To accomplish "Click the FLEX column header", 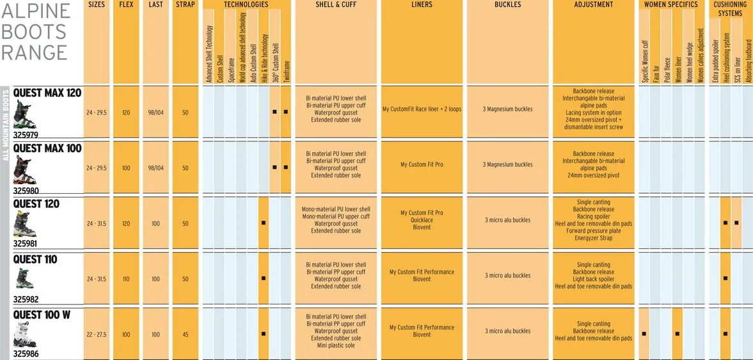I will (126, 4).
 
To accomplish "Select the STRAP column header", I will (185, 4).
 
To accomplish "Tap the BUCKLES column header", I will (508, 4).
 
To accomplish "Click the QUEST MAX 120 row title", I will (47, 93).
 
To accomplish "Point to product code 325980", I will (26, 190).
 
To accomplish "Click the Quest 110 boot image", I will (24, 278).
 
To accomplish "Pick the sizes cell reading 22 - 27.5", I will (97, 334).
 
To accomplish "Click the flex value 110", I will (126, 279).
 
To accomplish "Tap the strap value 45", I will (185, 334).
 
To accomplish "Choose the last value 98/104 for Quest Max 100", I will (155, 168).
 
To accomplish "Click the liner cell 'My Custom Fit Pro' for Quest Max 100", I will (422, 165).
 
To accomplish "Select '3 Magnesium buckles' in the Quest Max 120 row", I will (508, 109).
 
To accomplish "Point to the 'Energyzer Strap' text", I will (594, 238).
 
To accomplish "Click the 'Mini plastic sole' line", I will (336, 346).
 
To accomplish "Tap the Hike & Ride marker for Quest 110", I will (264, 279).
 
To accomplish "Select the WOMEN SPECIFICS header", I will (674, 4).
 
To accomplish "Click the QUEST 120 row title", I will (36, 204).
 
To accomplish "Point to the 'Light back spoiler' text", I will (594, 279).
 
